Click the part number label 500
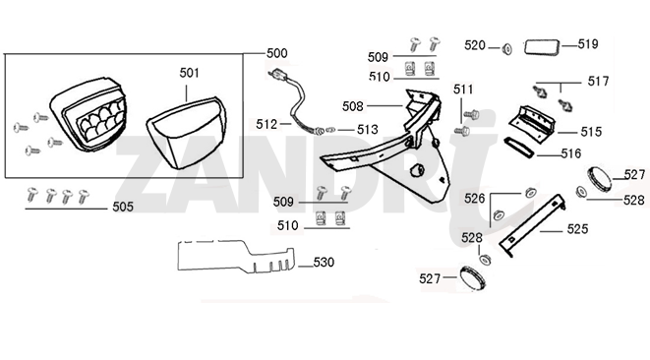coord(277,53)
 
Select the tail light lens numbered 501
coord(186,133)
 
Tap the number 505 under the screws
coord(123,207)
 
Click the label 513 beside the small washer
coord(368,130)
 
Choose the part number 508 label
coord(353,106)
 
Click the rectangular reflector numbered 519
coord(543,46)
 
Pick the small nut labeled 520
coord(506,49)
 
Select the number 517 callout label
coord(598,81)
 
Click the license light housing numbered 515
coord(532,121)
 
